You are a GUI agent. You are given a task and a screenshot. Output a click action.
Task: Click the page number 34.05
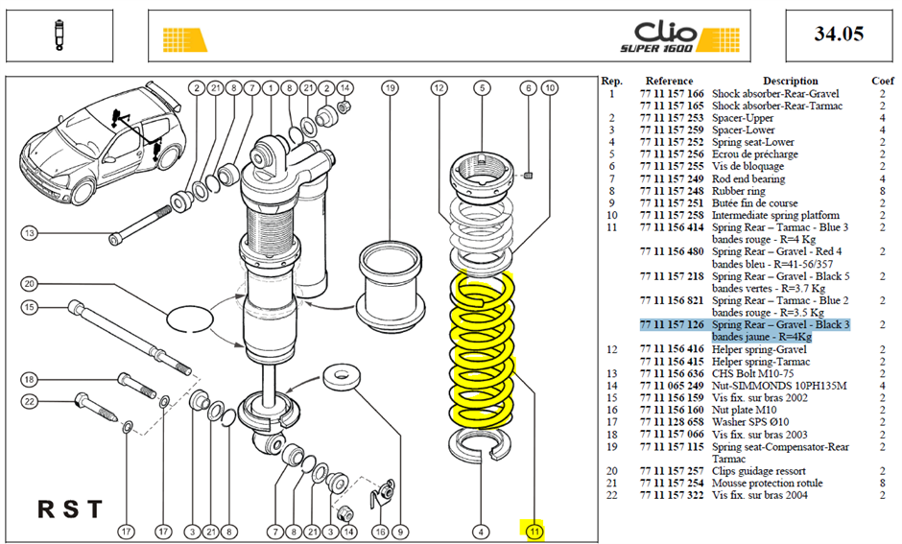(x=839, y=34)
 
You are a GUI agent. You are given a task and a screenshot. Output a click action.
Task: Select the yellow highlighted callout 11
(x=534, y=531)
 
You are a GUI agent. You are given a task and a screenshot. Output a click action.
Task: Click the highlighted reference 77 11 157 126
(x=672, y=325)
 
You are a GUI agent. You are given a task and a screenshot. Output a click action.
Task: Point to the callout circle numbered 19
(x=390, y=88)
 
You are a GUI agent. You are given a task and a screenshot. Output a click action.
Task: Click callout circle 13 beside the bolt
(x=30, y=233)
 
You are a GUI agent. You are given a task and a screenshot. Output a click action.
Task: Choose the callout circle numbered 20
(x=30, y=283)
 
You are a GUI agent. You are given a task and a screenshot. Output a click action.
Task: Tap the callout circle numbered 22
(x=30, y=401)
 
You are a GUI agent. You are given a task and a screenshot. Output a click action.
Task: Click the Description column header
(x=790, y=82)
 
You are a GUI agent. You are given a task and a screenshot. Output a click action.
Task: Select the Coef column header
(x=883, y=82)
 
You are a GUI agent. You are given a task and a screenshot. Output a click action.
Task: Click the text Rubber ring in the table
(x=739, y=191)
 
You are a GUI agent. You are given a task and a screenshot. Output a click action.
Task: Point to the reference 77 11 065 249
(x=672, y=386)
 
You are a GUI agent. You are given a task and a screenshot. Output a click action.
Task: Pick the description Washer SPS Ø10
(x=750, y=422)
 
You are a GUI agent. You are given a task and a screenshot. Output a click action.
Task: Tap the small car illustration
(x=103, y=144)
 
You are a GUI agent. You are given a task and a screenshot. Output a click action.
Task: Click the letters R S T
(x=70, y=509)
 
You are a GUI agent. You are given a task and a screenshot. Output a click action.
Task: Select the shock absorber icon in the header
(x=59, y=35)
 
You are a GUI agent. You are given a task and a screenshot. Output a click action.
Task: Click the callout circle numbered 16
(x=380, y=532)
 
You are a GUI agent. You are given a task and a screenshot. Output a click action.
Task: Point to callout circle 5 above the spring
(x=482, y=88)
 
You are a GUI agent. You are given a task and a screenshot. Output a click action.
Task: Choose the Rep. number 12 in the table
(x=611, y=349)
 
